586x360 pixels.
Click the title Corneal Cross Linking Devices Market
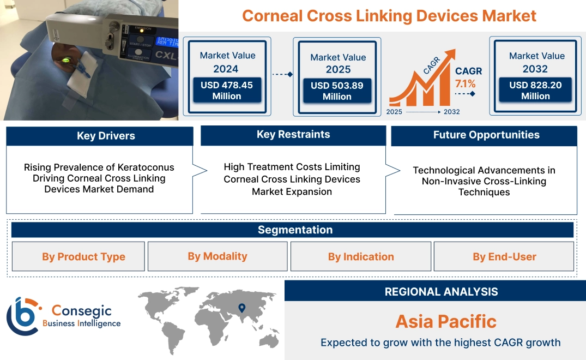389,16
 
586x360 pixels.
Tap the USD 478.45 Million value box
226,91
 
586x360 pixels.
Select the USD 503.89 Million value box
337,91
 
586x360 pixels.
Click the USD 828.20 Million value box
535,91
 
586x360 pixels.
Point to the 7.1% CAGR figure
465,83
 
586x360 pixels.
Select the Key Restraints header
293,135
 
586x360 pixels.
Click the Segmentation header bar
294,230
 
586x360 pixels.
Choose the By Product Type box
83,257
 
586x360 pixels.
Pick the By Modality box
217,256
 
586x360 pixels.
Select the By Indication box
360,257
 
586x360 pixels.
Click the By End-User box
504,257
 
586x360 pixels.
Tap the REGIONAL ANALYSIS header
441,292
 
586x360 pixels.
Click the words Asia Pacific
446,321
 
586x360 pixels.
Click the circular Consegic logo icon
22,316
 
